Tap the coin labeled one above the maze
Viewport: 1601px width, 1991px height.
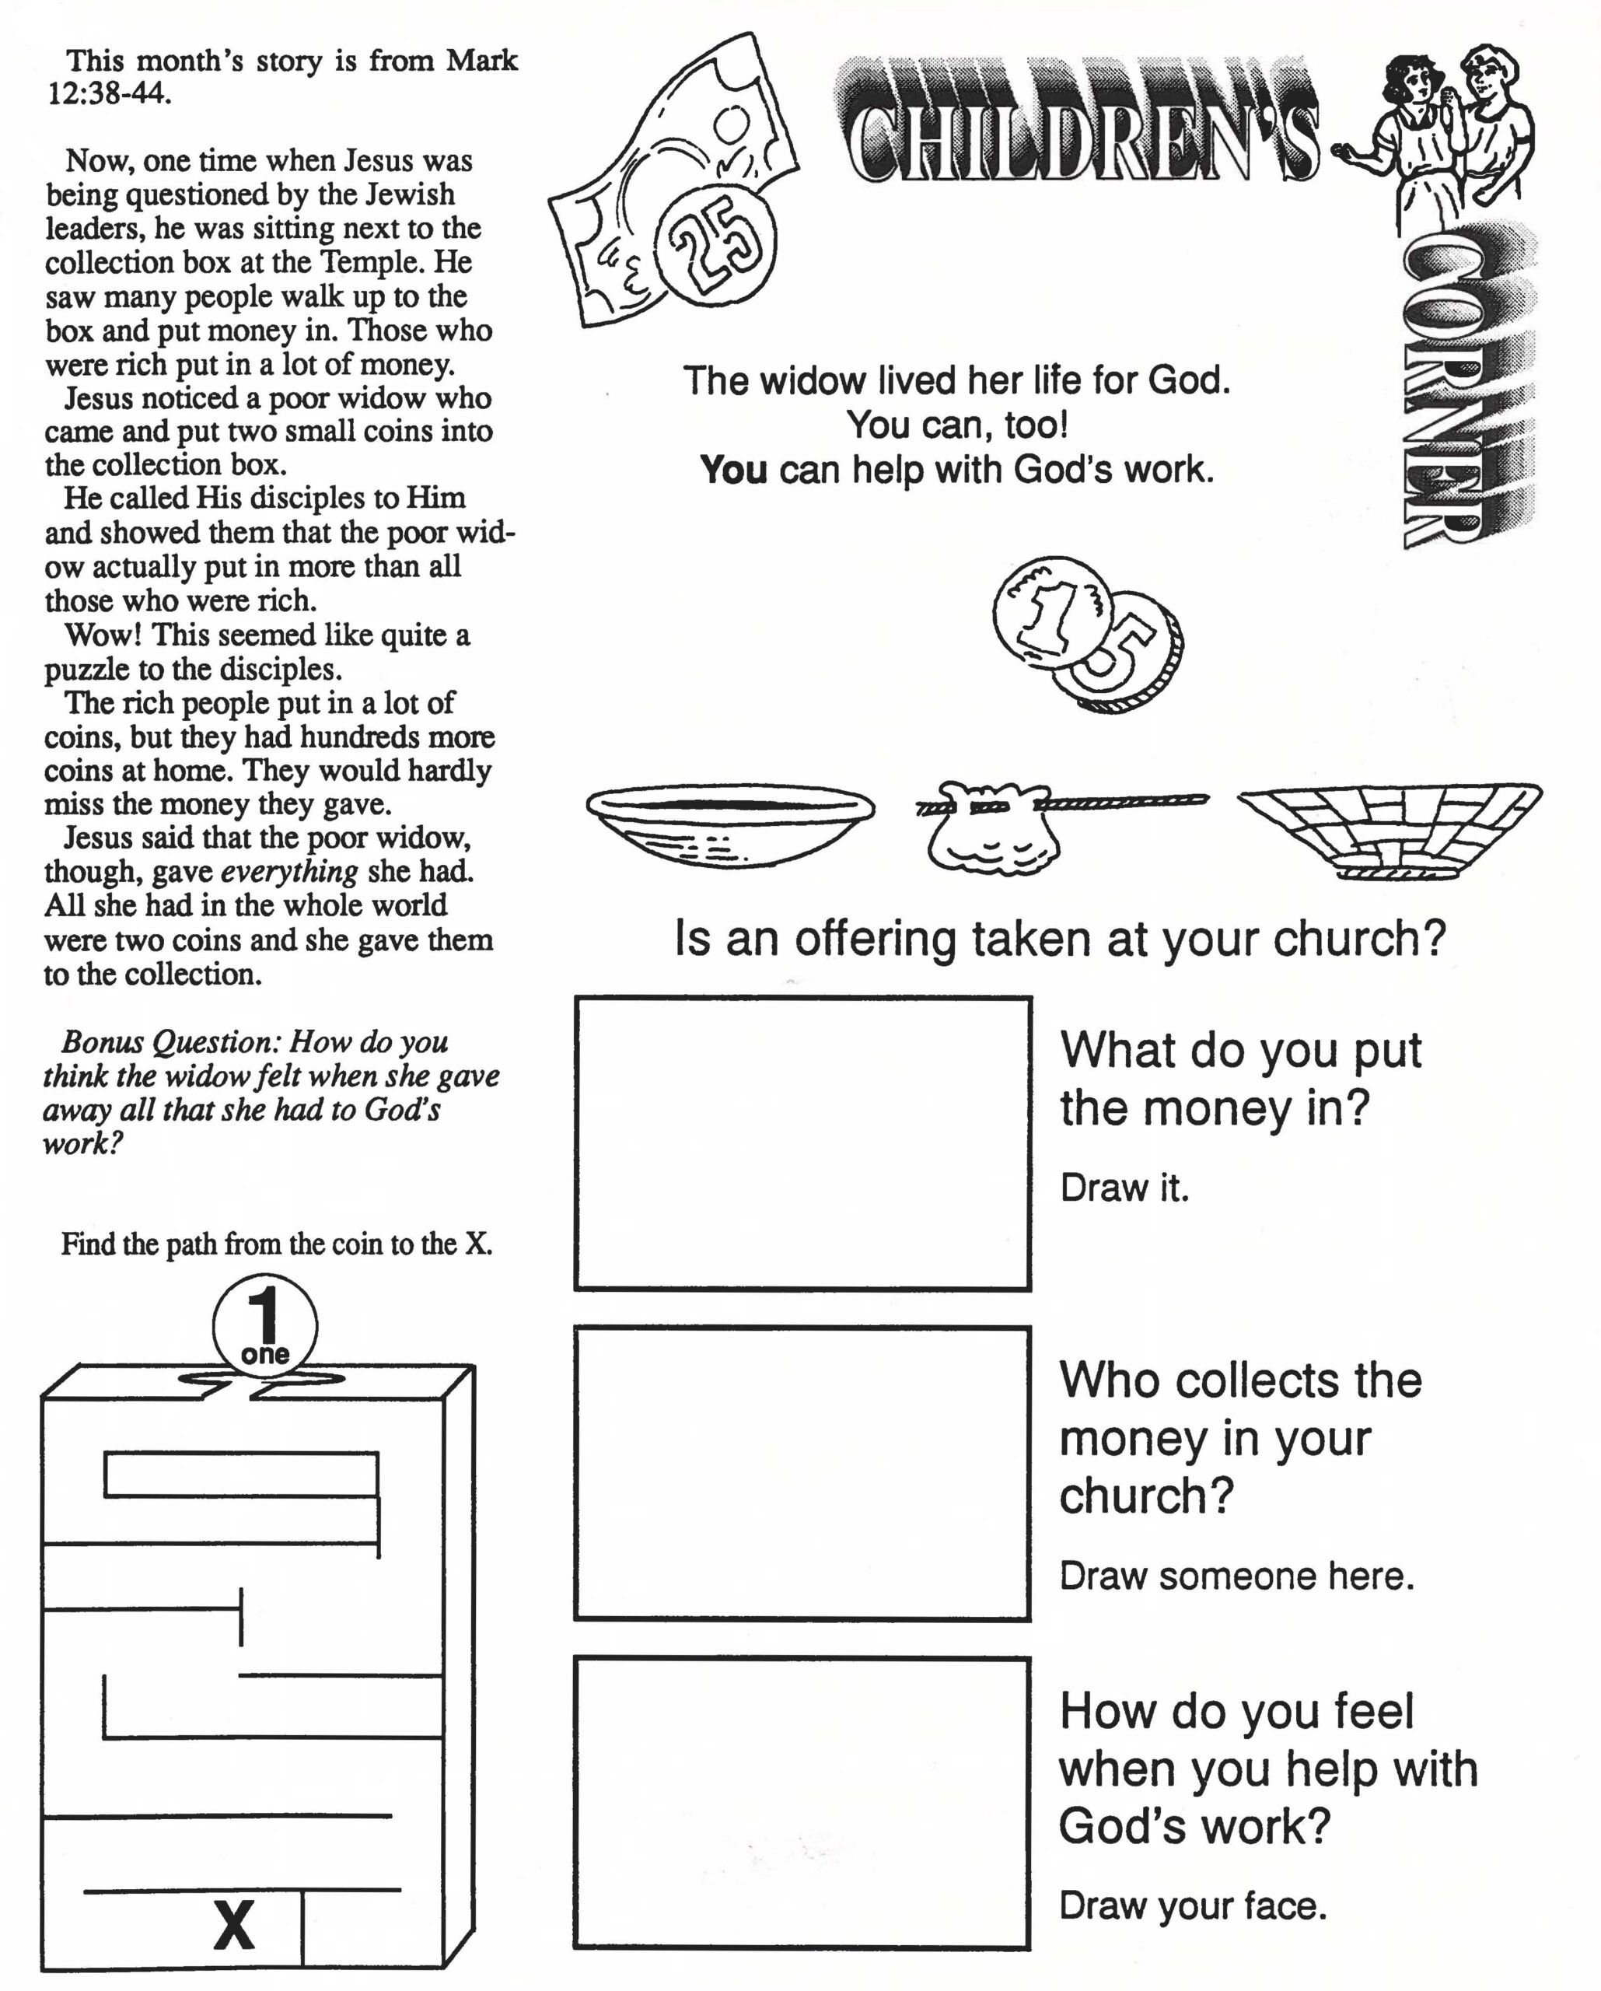(265, 1326)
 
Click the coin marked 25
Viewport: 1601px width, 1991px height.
(715, 243)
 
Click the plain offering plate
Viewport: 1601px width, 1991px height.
(729, 822)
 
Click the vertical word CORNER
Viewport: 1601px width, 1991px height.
(1440, 388)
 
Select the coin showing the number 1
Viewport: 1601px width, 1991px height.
(1053, 611)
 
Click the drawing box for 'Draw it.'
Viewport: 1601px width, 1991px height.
(802, 1142)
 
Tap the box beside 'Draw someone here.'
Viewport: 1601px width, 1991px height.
(802, 1472)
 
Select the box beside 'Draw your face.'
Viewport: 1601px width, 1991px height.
(802, 1803)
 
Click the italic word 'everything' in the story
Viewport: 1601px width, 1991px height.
(289, 871)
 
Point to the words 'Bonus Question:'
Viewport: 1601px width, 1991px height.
(170, 1041)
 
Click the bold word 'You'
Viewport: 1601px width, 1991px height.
(733, 469)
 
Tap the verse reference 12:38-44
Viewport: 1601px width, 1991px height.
(109, 93)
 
